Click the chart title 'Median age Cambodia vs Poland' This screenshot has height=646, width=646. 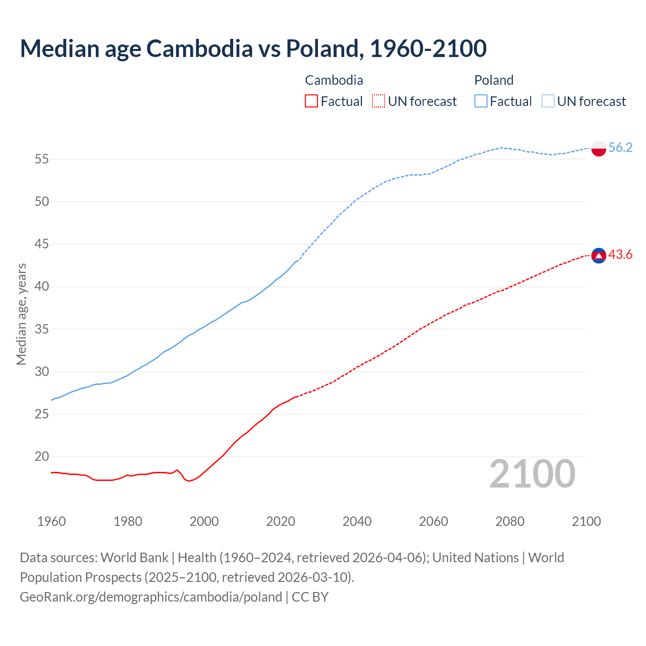pyautogui.click(x=253, y=48)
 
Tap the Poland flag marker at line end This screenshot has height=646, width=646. pyautogui.click(x=599, y=148)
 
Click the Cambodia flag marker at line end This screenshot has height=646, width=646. pyautogui.click(x=599, y=256)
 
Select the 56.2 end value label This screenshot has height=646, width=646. pyautogui.click(x=620, y=147)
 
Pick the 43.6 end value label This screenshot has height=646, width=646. pyautogui.click(x=620, y=255)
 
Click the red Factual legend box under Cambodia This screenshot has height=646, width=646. pyautogui.click(x=311, y=101)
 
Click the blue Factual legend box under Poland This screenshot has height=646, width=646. pyautogui.click(x=480, y=101)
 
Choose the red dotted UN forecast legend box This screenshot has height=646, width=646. pyautogui.click(x=379, y=101)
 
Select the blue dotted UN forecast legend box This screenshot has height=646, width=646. pyautogui.click(x=548, y=101)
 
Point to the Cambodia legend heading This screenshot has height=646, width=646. pyautogui.click(x=334, y=80)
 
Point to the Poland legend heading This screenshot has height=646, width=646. pyautogui.click(x=494, y=80)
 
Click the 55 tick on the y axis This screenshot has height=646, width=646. pyautogui.click(x=42, y=159)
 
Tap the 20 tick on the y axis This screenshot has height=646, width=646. pyautogui.click(x=42, y=457)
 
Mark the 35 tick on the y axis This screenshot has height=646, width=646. pyautogui.click(x=42, y=330)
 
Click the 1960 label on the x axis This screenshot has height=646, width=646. pyautogui.click(x=51, y=521)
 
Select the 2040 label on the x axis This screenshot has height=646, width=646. pyautogui.click(x=357, y=521)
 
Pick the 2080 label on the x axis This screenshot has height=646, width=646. pyautogui.click(x=510, y=521)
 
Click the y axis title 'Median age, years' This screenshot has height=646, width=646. pyautogui.click(x=21, y=314)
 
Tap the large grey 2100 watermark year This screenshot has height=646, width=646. pyautogui.click(x=532, y=473)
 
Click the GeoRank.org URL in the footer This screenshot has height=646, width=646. pyautogui.click(x=150, y=597)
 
